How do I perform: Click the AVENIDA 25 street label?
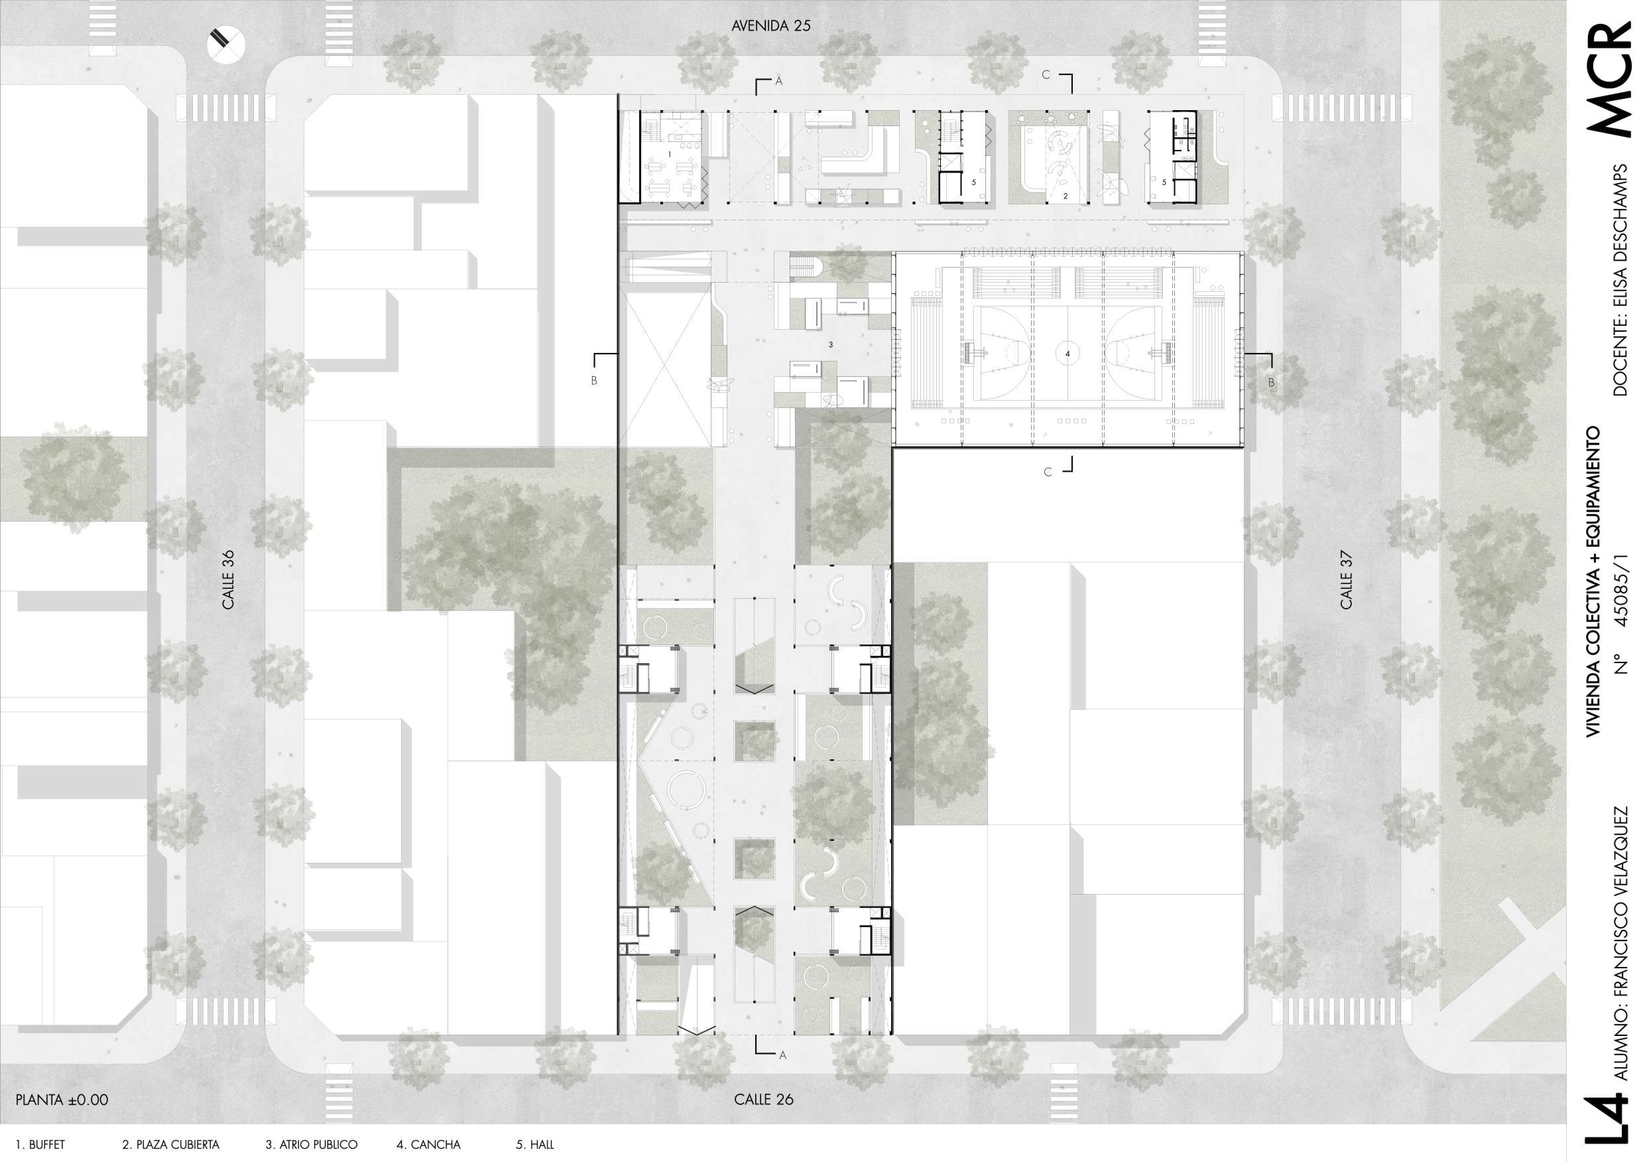tap(771, 26)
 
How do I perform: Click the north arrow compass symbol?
tap(226, 44)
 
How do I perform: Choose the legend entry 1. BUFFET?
tap(40, 1145)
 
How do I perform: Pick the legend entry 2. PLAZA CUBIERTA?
tap(170, 1145)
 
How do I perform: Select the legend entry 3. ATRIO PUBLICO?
tap(312, 1145)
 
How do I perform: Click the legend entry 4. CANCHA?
tap(428, 1145)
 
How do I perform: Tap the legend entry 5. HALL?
tap(535, 1145)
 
